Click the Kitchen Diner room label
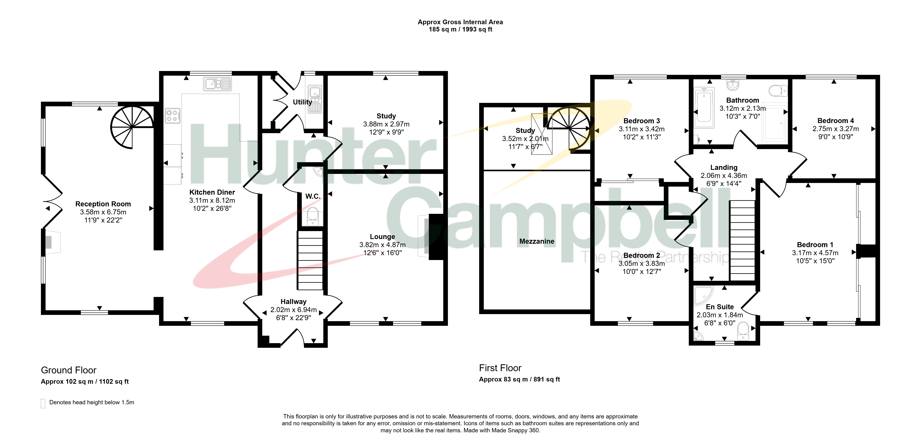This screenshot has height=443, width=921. (212, 192)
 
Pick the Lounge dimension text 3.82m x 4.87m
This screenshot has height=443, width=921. (383, 245)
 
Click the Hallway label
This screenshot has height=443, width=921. (293, 302)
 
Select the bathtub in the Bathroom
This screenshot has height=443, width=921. (704, 107)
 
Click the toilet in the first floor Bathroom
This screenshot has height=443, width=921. (778, 91)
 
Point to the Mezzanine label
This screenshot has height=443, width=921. (537, 241)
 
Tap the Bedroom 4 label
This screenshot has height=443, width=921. (836, 121)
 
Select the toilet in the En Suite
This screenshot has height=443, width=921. (743, 331)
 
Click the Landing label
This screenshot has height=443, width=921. (724, 167)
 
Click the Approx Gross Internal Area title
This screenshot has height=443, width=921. (460, 22)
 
